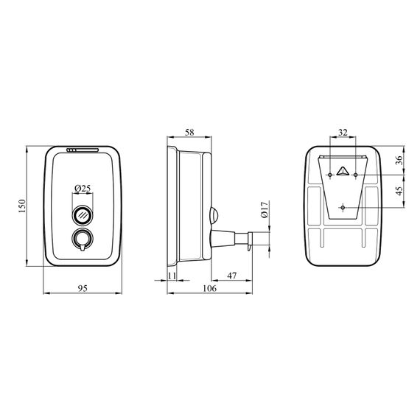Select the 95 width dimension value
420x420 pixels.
point(82,289)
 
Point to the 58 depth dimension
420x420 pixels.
point(189,132)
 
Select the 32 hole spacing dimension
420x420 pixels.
point(343,132)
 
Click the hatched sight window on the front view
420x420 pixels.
point(82,216)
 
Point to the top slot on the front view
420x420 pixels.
point(82,152)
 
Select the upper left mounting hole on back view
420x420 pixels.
point(329,175)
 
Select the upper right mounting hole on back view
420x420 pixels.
point(356,175)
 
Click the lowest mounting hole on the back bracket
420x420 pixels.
point(343,208)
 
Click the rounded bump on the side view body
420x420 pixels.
point(213,215)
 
